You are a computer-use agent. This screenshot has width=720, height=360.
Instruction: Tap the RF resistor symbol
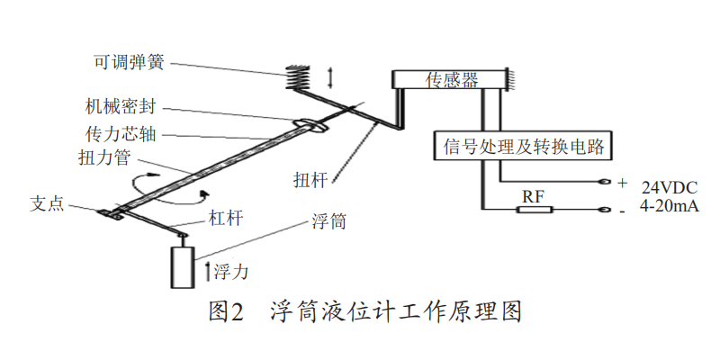(534, 210)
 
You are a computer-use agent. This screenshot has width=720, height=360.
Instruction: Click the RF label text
(534, 195)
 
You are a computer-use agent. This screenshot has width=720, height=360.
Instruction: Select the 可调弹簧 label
(129, 63)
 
